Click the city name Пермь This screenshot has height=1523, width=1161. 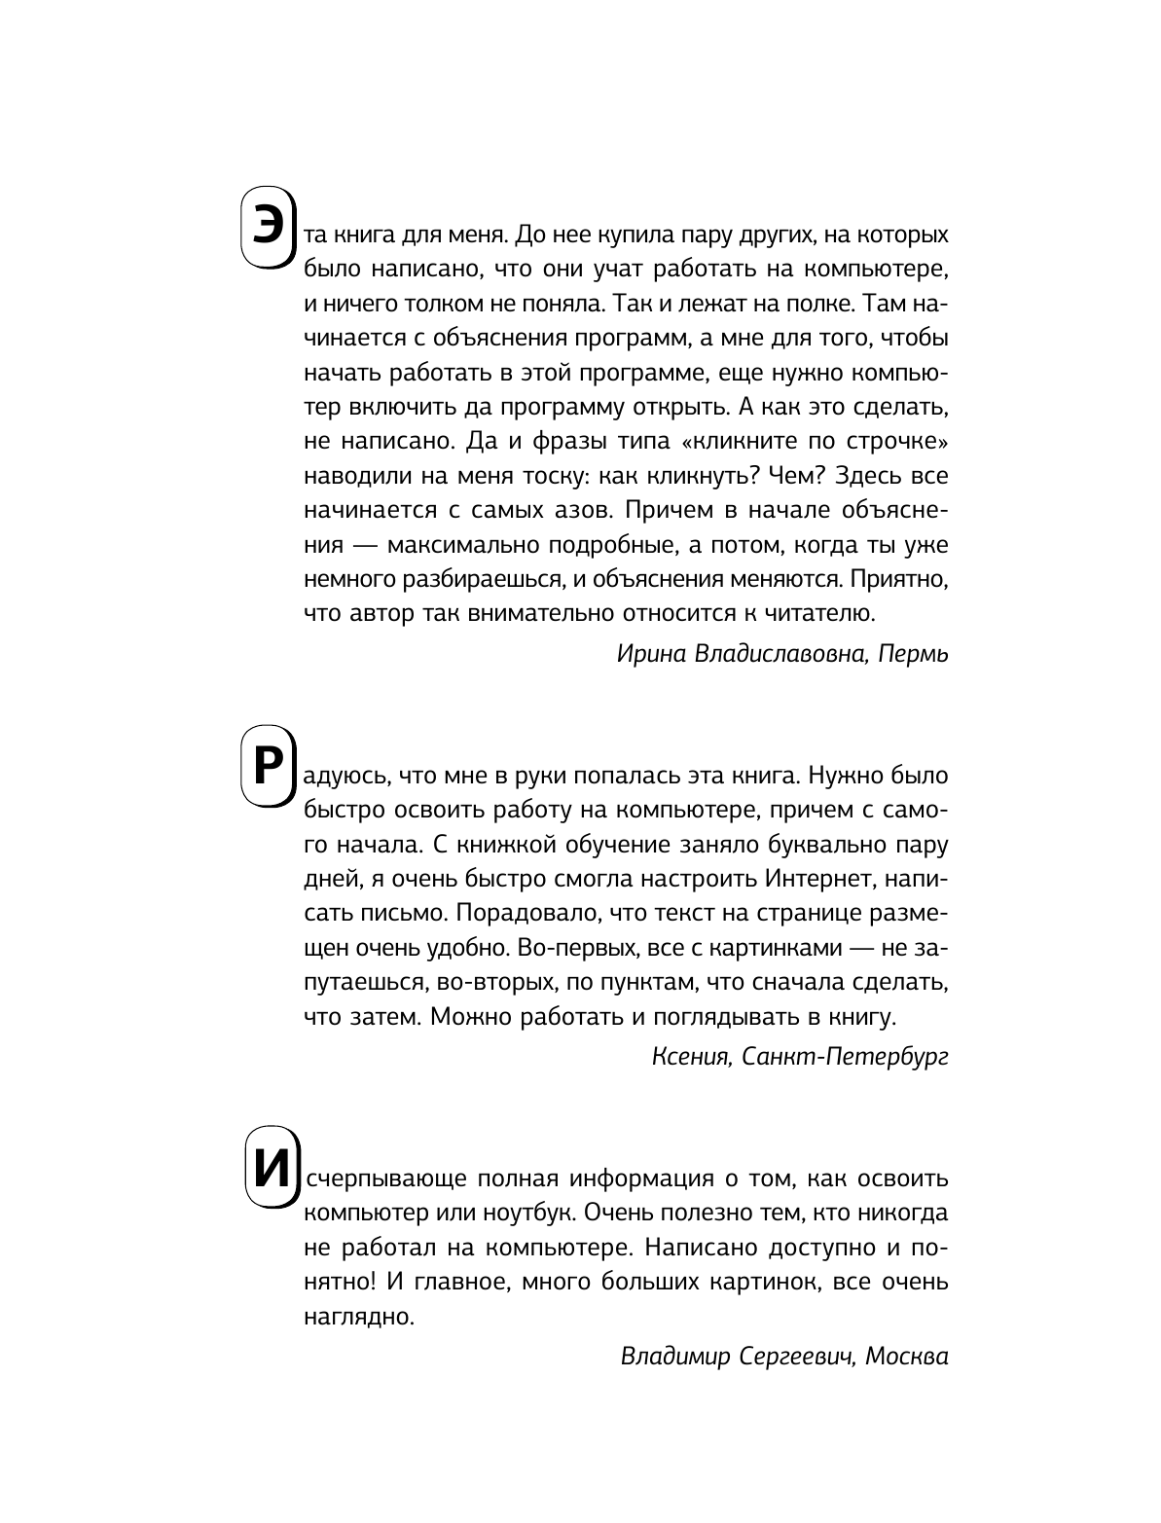[913, 654]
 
